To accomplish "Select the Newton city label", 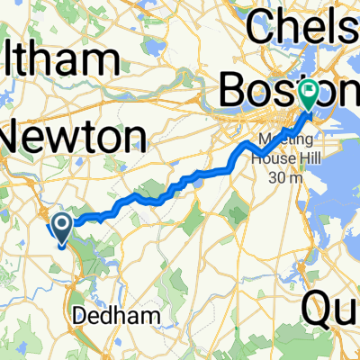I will (x=75, y=138).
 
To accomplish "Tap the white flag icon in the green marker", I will (x=309, y=90).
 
